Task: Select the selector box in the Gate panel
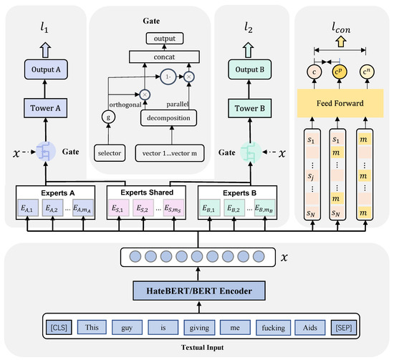pos(108,152)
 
